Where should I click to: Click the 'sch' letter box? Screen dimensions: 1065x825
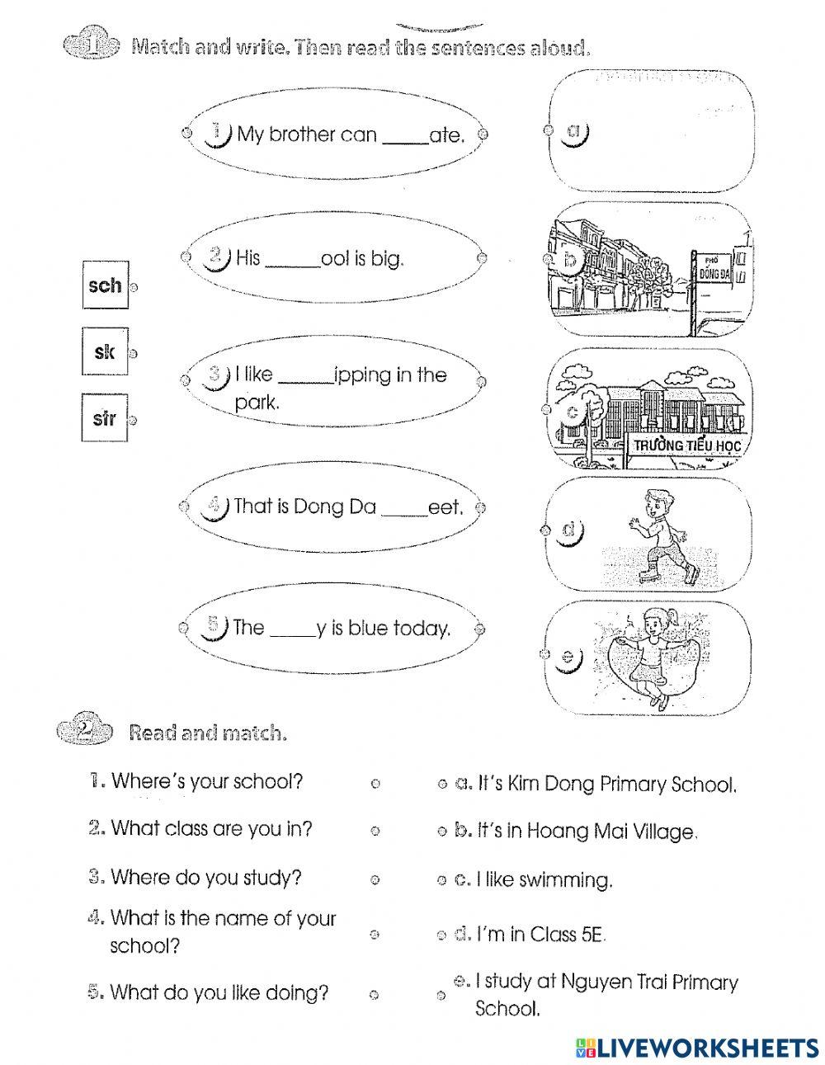(105, 285)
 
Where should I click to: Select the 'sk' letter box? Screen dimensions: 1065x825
(105, 352)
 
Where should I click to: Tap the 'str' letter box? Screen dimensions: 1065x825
(105, 419)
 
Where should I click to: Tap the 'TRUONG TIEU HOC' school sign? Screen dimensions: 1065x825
(687, 446)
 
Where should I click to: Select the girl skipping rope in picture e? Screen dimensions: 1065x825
(654, 656)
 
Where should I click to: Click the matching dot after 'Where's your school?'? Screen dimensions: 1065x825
(375, 784)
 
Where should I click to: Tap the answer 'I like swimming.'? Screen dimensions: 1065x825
(544, 880)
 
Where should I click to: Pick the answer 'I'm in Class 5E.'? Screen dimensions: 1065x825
(542, 934)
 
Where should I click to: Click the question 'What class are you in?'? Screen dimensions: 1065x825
(211, 828)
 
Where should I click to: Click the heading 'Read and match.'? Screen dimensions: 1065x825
(208, 732)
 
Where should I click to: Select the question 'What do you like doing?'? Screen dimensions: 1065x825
(219, 992)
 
